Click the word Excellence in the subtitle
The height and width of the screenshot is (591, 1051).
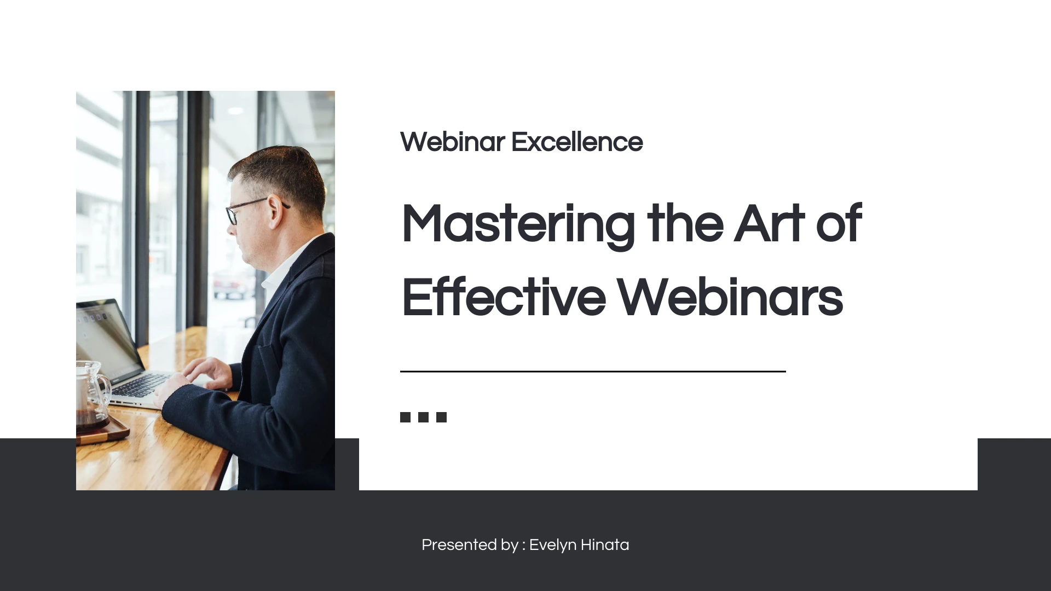(x=577, y=142)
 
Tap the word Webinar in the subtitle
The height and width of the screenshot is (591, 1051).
(x=452, y=142)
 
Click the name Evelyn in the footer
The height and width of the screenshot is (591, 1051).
(x=553, y=546)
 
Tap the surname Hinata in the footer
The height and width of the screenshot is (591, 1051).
(x=605, y=545)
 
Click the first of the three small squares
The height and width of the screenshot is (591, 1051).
(x=405, y=418)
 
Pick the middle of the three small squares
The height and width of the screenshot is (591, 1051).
(x=423, y=418)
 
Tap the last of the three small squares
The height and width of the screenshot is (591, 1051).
(x=441, y=418)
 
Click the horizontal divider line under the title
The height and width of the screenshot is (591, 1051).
(x=593, y=372)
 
